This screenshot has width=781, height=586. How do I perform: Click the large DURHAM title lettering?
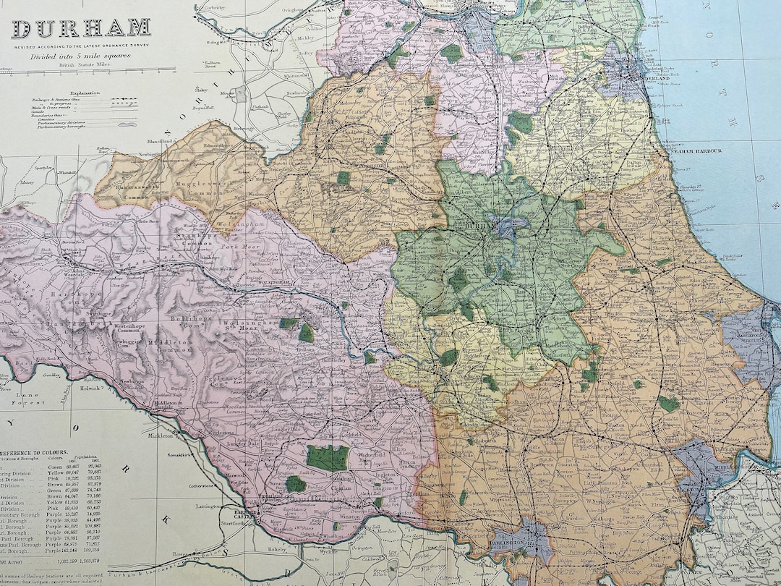(81, 28)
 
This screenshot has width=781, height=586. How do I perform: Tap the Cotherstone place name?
(210, 486)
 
